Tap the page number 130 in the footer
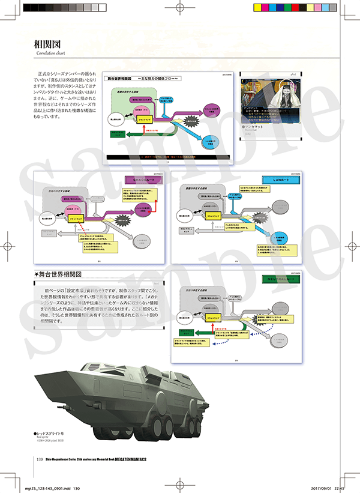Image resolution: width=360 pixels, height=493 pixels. pos(40,460)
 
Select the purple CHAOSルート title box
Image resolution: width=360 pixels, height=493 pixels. pos(142,179)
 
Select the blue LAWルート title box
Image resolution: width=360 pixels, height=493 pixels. pos(276,179)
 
